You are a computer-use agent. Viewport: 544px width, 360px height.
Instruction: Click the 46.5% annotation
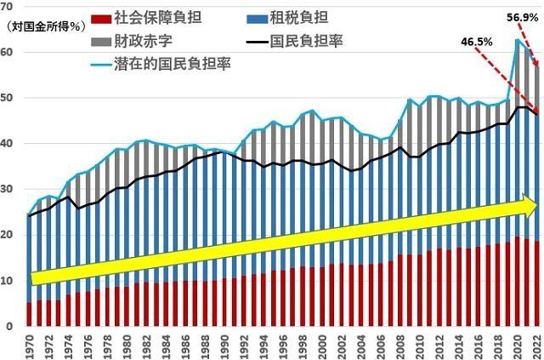pyautogui.click(x=477, y=40)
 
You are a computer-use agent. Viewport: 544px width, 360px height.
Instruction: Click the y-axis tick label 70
pyautogui.click(x=7, y=7)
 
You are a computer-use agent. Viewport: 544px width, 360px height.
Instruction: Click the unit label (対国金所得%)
pyautogui.click(x=41, y=26)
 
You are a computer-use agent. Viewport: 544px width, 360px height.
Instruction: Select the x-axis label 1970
pyautogui.click(x=31, y=345)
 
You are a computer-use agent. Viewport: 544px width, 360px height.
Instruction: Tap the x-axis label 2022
pyautogui.click(x=535, y=345)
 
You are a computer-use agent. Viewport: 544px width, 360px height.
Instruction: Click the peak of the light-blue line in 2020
pyautogui.click(x=517, y=39)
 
